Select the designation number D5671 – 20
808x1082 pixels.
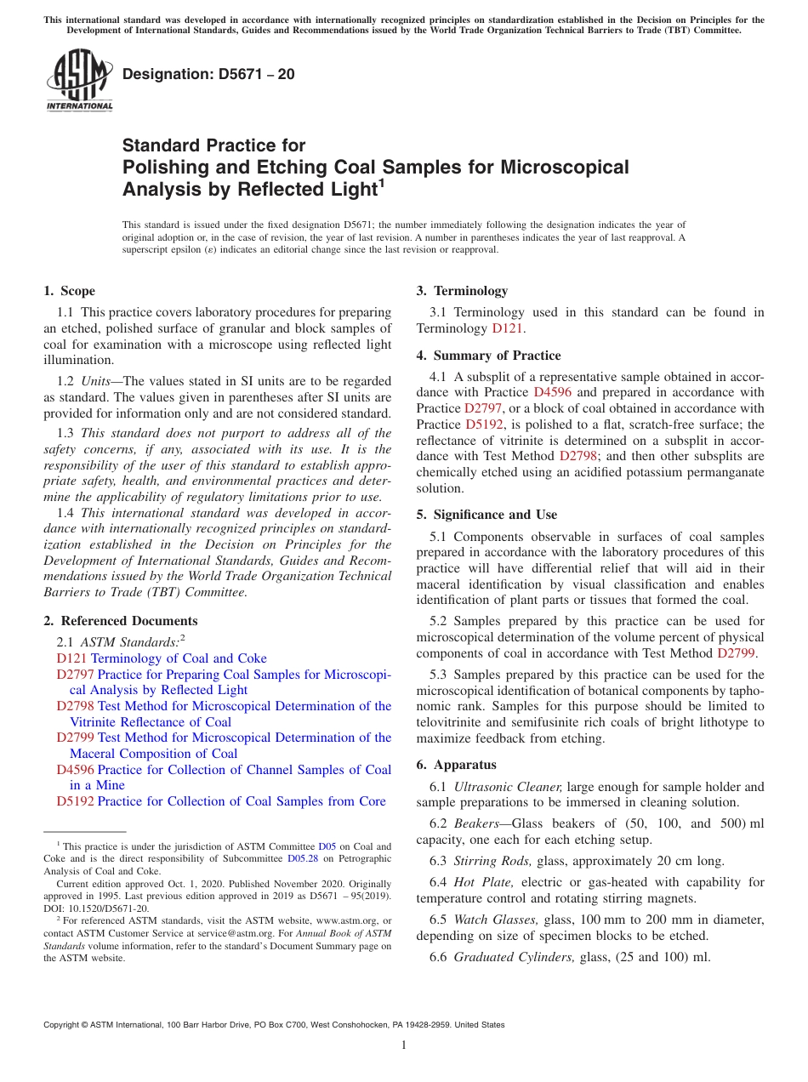208,74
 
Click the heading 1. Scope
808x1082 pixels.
70,291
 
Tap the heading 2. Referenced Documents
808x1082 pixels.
121,621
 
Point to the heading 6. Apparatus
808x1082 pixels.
457,765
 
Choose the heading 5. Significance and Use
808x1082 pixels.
487,515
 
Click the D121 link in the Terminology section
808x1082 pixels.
508,328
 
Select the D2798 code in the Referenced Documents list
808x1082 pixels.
75,706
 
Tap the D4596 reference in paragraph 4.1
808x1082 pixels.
552,393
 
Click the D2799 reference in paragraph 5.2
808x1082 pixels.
736,653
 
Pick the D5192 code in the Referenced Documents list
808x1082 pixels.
75,801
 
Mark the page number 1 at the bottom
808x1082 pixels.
404,1045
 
